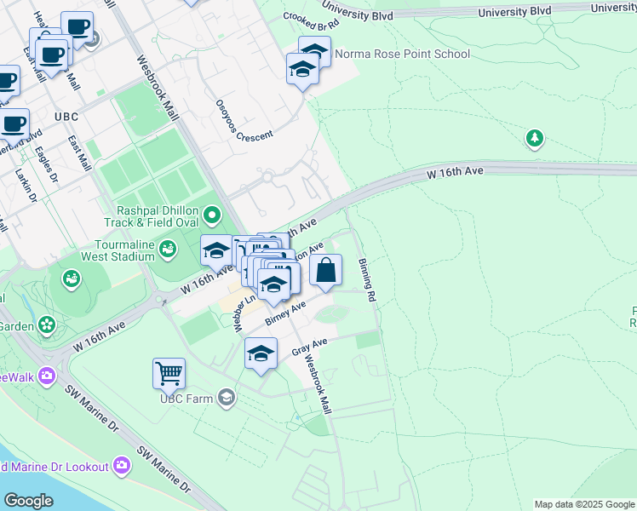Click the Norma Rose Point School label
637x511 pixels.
pyautogui.click(x=402, y=54)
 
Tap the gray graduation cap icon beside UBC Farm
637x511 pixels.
pyautogui.click(x=227, y=397)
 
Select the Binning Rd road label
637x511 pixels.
pyautogui.click(x=367, y=281)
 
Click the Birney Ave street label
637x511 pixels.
pyautogui.click(x=284, y=313)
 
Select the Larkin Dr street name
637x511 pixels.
pyautogui.click(x=24, y=185)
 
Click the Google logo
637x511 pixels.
pyautogui.click(x=28, y=500)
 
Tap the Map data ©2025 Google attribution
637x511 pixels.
pyautogui.click(x=583, y=504)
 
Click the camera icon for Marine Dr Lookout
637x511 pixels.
pyautogui.click(x=122, y=465)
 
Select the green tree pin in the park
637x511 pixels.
pyautogui.click(x=534, y=138)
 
